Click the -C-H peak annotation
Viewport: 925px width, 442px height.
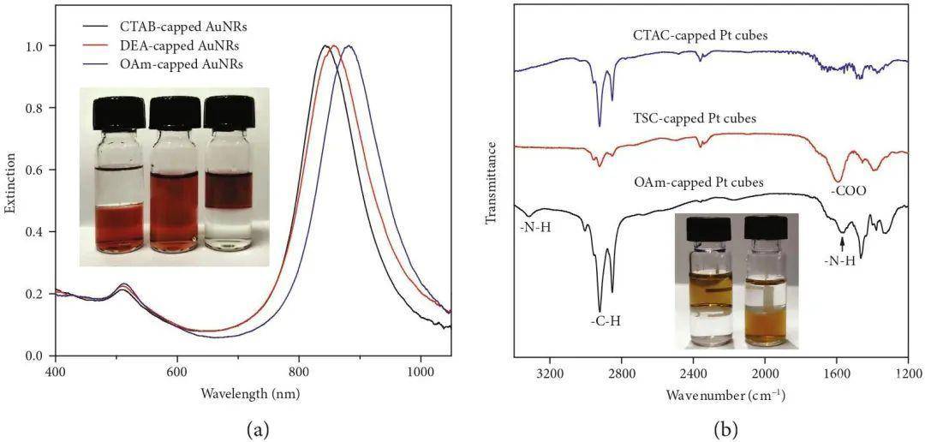point(605,321)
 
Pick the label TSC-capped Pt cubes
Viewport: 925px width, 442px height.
point(694,118)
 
